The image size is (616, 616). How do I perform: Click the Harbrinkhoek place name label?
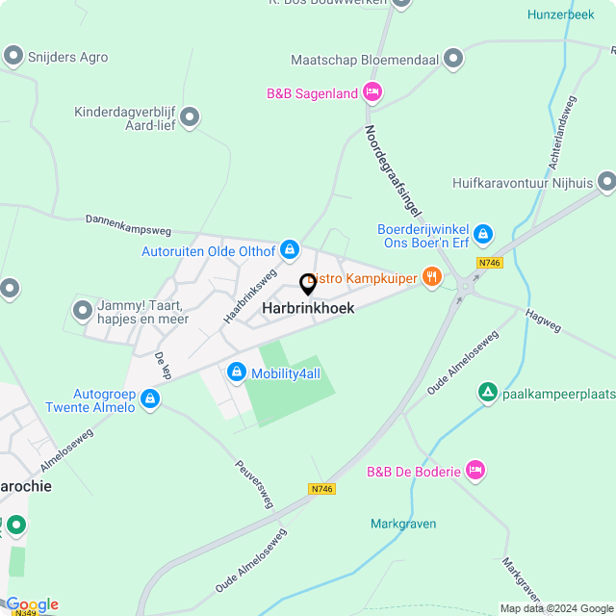point(308,308)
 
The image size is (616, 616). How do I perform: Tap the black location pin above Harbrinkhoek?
point(308,285)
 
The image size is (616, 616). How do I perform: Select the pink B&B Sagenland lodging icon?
point(372,93)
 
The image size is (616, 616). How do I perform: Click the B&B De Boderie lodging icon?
point(475,471)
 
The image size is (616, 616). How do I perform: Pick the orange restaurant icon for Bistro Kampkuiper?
point(431,278)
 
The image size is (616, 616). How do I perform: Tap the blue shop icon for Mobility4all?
point(237,372)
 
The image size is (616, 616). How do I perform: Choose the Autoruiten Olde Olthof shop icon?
point(289,251)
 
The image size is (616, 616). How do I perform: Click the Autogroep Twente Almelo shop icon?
point(149,398)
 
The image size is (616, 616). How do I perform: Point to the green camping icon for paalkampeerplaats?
point(488,393)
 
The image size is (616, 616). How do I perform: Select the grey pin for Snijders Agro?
point(13,57)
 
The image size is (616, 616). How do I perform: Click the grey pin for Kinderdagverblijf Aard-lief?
point(190,118)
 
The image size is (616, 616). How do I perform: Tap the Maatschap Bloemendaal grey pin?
point(453,60)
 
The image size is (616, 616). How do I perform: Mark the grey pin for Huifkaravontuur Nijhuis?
point(606,182)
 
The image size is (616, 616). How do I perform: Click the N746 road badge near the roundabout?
point(490,263)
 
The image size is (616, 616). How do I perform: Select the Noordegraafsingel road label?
point(395,173)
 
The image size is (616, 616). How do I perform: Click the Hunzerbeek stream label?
point(560,14)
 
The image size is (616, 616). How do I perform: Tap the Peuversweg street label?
point(255,483)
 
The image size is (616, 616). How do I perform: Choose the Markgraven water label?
point(403,524)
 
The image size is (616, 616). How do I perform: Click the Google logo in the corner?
point(32,603)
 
